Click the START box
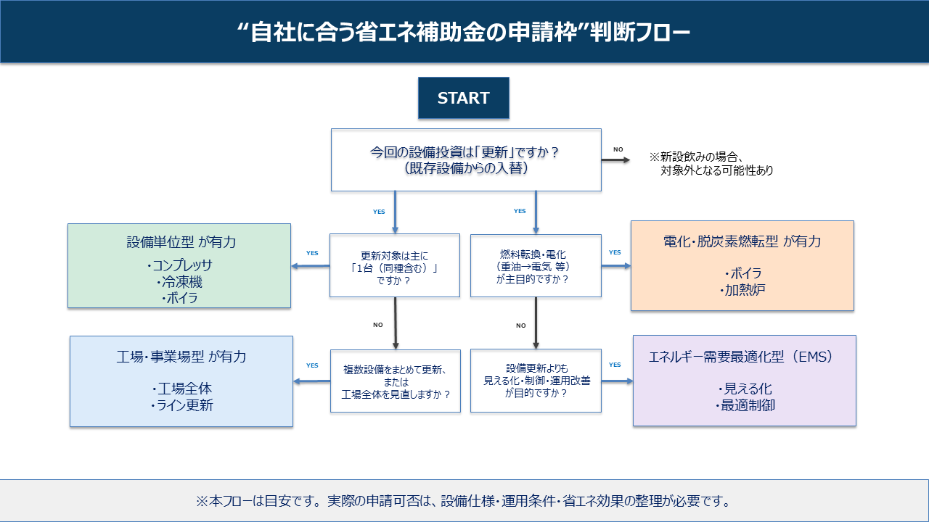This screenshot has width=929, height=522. [x=463, y=99]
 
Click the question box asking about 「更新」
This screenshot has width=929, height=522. [x=466, y=160]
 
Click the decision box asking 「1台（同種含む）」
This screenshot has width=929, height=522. [x=394, y=265]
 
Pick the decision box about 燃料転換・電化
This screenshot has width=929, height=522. [x=536, y=265]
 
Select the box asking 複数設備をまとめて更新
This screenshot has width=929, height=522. [x=395, y=381]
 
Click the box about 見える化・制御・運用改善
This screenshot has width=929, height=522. [x=536, y=381]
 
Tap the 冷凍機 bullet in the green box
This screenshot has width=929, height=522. [x=180, y=281]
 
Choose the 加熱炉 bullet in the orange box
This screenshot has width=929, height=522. [x=742, y=291]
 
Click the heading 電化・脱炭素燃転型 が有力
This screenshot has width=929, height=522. [x=742, y=241]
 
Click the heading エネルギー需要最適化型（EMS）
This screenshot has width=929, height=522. [x=744, y=357]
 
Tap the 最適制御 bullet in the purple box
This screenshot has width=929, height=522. [x=745, y=405]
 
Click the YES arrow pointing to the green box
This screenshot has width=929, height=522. [x=311, y=266]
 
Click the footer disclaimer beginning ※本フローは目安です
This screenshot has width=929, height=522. [x=464, y=501]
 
